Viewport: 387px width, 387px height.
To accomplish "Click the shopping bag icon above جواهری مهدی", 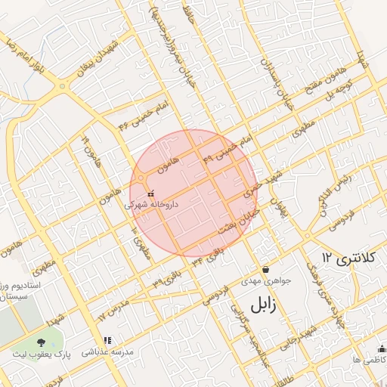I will pyautogui.click(x=265, y=270).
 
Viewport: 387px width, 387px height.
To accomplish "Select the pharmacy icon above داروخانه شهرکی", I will pyautogui.click(x=150, y=193).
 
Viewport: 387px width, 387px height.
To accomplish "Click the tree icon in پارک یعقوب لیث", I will pyautogui.click(x=51, y=343).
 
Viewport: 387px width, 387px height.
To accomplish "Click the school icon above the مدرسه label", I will pyautogui.click(x=107, y=341).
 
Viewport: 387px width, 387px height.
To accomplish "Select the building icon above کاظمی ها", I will pyautogui.click(x=379, y=348).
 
